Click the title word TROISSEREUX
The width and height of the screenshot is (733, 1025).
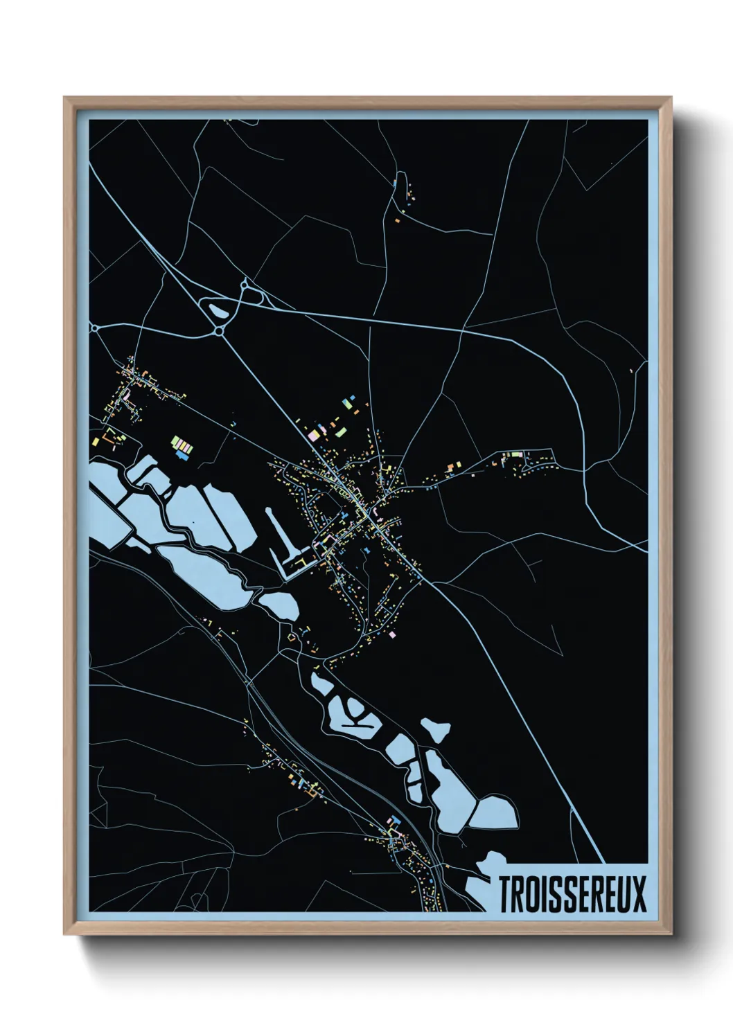[572, 894]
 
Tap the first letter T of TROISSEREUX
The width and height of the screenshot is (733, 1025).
[506, 894]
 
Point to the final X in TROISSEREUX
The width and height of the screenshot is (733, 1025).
[639, 894]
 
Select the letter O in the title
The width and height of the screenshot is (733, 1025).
[532, 894]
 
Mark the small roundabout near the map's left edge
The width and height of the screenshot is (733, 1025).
[95, 328]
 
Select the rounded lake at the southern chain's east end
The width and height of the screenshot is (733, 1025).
[495, 812]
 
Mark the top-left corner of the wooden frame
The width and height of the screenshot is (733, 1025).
[65, 98]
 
